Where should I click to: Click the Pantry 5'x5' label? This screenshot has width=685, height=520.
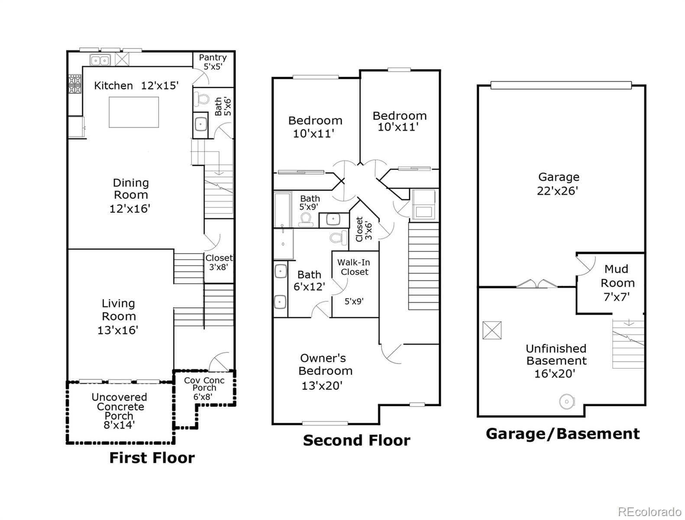[x=213, y=62]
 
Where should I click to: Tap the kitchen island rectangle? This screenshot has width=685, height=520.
[x=133, y=112]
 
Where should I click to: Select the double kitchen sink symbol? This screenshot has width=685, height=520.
[x=100, y=60]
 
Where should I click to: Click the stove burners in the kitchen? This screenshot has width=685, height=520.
[x=74, y=84]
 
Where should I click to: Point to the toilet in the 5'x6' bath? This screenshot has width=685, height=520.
[x=201, y=99]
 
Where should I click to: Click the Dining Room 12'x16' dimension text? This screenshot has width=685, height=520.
[x=129, y=208]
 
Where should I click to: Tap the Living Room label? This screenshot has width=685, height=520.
[x=118, y=309]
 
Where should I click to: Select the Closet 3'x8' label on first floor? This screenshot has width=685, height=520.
[x=219, y=263]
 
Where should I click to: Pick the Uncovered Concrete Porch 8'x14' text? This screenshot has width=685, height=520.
[x=119, y=411]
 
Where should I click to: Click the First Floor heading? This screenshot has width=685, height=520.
[x=152, y=458]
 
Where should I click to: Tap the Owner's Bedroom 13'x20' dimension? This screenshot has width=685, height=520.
[x=322, y=385]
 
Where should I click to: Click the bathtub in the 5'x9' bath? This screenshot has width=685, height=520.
[x=283, y=210]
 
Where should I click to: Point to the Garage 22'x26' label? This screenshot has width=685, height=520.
[x=558, y=183]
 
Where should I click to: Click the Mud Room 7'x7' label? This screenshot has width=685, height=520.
[x=617, y=283]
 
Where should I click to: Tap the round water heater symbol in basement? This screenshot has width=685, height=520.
[x=566, y=402]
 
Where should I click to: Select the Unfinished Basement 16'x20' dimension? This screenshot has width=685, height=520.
[x=554, y=374]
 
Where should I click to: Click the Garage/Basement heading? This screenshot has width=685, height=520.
[x=562, y=433]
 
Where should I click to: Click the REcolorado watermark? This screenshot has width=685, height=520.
[x=649, y=511]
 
